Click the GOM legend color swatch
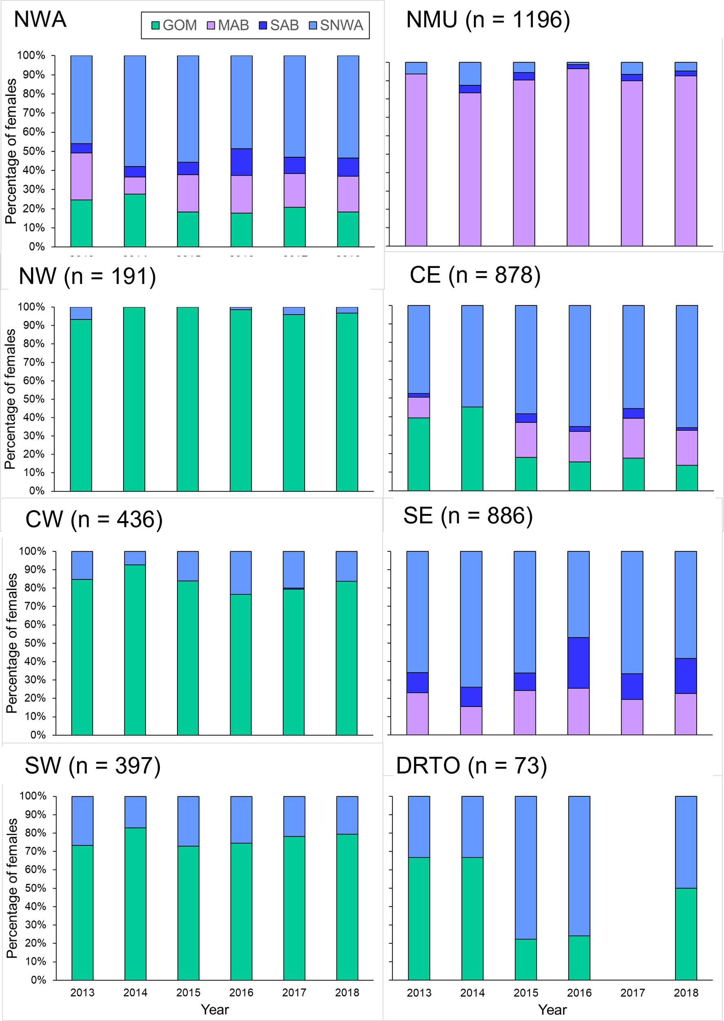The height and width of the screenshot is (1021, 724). [x=155, y=26]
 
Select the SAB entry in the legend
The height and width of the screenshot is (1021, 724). [x=279, y=25]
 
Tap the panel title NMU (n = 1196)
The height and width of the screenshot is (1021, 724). [x=488, y=20]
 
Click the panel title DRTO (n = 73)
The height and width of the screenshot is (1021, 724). [x=471, y=766]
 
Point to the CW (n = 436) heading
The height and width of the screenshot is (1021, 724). [x=94, y=520]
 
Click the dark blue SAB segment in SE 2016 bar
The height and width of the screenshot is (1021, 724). [x=578, y=663]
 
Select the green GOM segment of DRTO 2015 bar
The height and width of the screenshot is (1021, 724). [x=526, y=959]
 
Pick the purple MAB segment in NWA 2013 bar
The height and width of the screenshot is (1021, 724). [x=82, y=176]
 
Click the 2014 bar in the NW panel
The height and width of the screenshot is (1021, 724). [x=134, y=399]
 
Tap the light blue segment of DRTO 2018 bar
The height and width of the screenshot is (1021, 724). [x=686, y=842]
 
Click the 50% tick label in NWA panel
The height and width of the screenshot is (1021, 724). [x=34, y=151]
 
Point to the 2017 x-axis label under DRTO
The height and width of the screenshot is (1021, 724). [x=632, y=993]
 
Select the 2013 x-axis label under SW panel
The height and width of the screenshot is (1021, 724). [x=82, y=992]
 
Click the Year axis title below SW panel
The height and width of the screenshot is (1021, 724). [x=215, y=1010]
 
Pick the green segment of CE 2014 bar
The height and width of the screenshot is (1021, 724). [x=472, y=448]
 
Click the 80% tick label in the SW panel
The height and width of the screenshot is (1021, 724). [x=35, y=833]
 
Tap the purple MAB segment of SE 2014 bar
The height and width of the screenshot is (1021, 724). [x=471, y=720]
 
